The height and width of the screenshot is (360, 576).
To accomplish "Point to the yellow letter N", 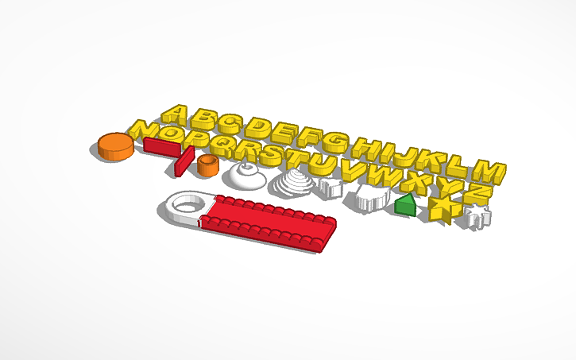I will point(144,130).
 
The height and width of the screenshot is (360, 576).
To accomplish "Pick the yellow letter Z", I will point(475,192).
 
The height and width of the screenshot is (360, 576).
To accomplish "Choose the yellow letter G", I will point(334,144).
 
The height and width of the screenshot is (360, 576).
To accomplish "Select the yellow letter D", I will point(258,129).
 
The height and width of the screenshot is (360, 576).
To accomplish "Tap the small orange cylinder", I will point(208,165).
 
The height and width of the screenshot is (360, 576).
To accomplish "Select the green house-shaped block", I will point(405,205).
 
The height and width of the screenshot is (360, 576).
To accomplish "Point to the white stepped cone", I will point(292,184).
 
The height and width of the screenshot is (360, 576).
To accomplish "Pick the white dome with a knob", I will point(244,175).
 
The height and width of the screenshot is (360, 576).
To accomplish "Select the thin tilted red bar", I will point(184,161).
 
